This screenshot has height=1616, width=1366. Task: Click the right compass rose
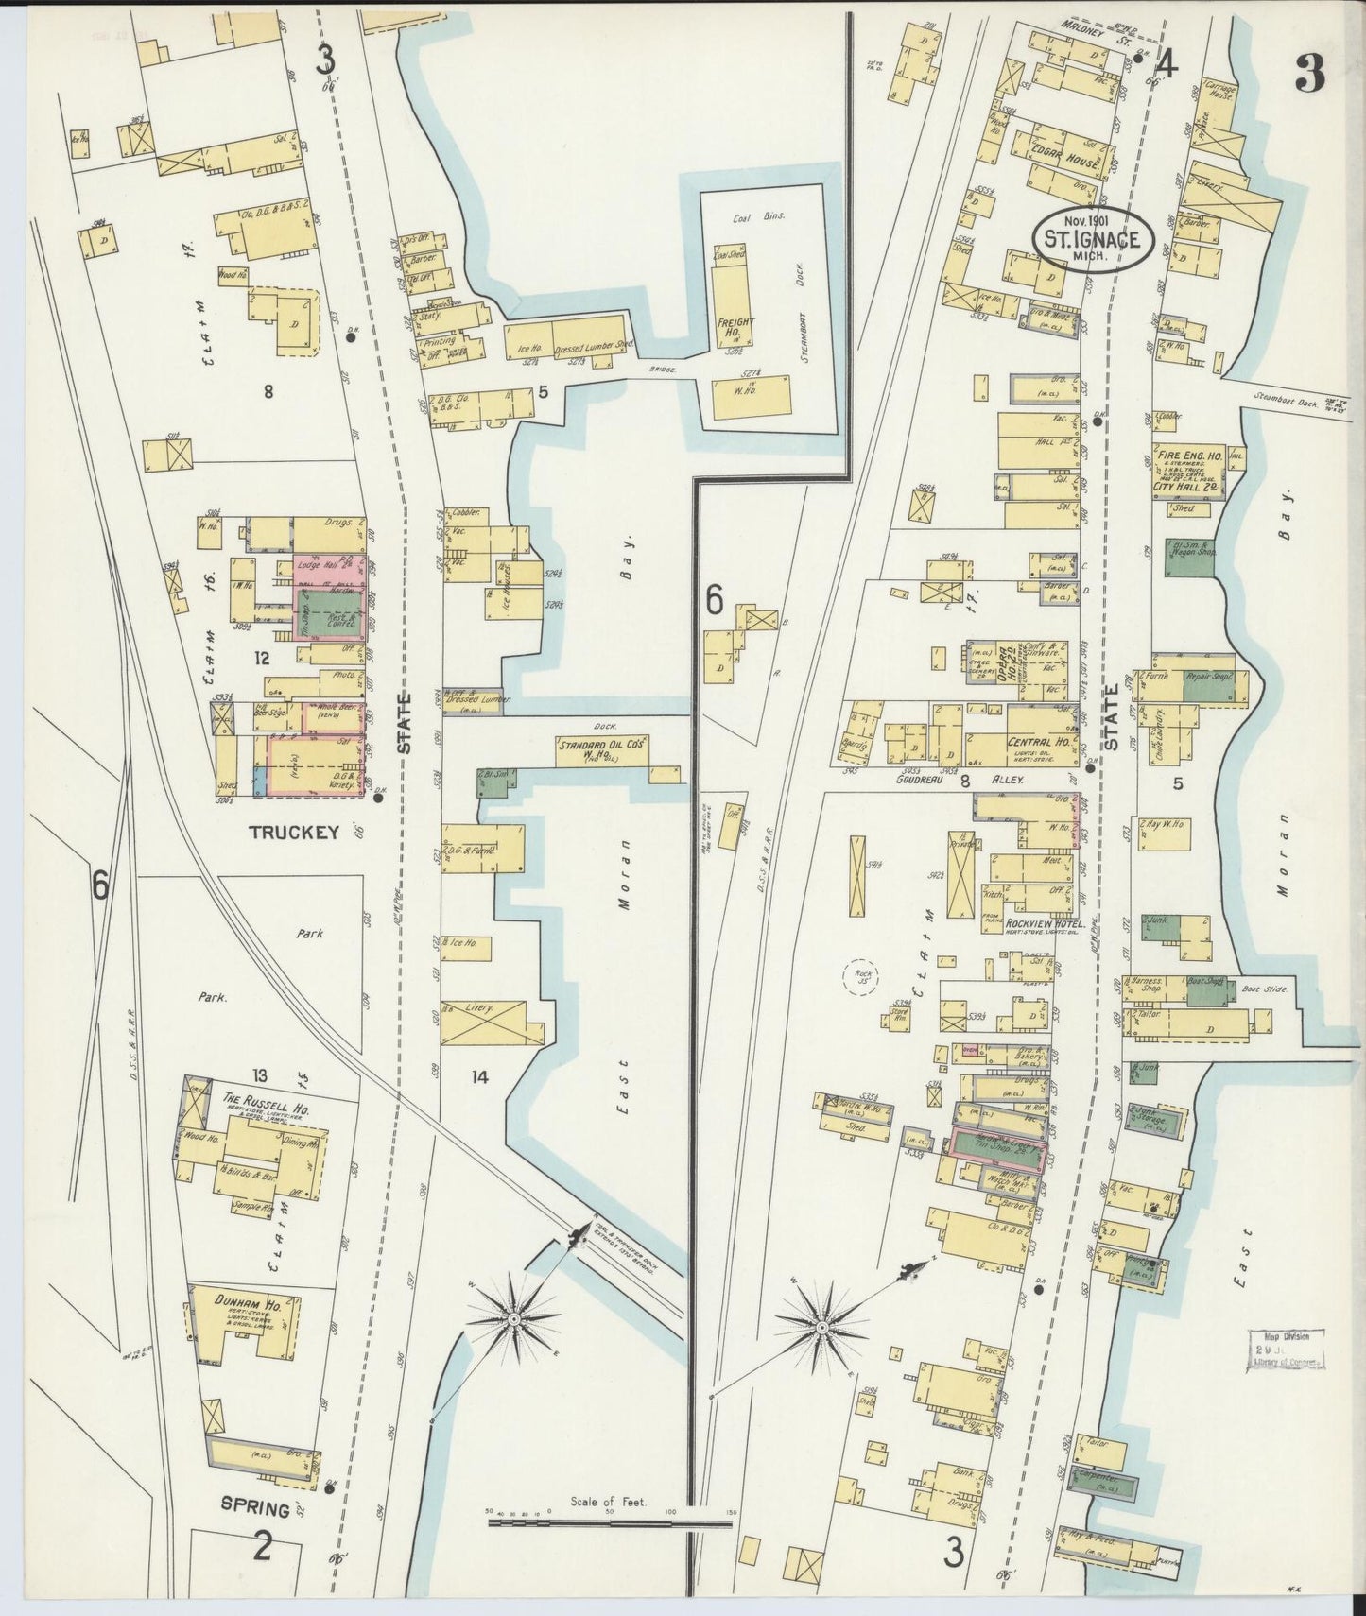[x=822, y=1328]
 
